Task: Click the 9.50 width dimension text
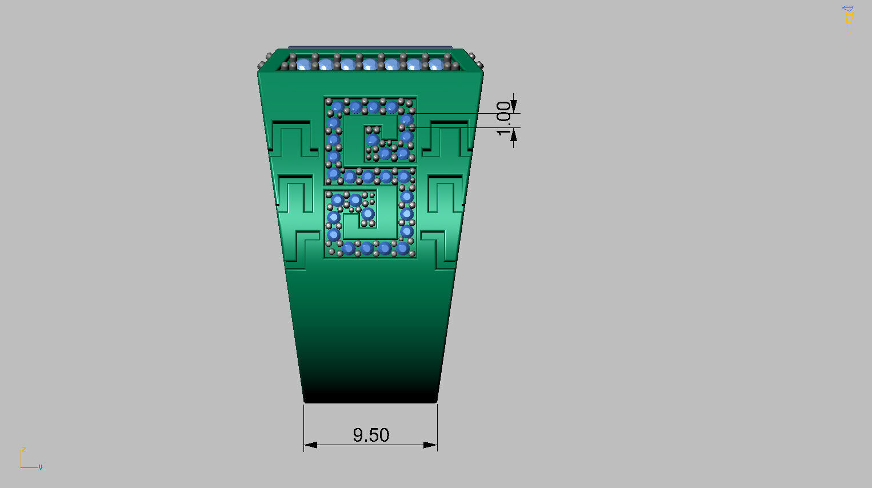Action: pos(371,435)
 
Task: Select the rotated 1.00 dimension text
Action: pos(503,118)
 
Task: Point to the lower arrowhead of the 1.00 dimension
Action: pos(514,135)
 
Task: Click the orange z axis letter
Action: pos(23,450)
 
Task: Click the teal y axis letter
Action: pos(40,467)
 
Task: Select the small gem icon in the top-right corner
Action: pos(847,9)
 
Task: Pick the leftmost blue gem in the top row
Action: pos(303,64)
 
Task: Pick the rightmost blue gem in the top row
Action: pos(435,64)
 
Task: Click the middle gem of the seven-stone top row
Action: pos(370,64)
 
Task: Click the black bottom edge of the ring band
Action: pos(370,399)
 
